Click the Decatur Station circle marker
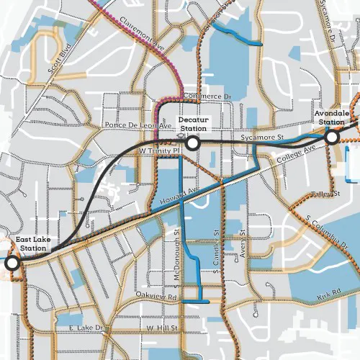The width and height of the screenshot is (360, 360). click(x=192, y=144)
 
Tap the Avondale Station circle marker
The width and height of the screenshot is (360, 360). click(x=332, y=136)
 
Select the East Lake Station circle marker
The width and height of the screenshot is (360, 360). click(x=12, y=264)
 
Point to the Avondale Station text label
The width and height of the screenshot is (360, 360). click(x=332, y=117)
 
